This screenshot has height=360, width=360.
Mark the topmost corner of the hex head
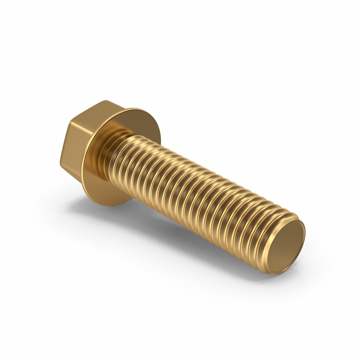pos(106,101)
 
